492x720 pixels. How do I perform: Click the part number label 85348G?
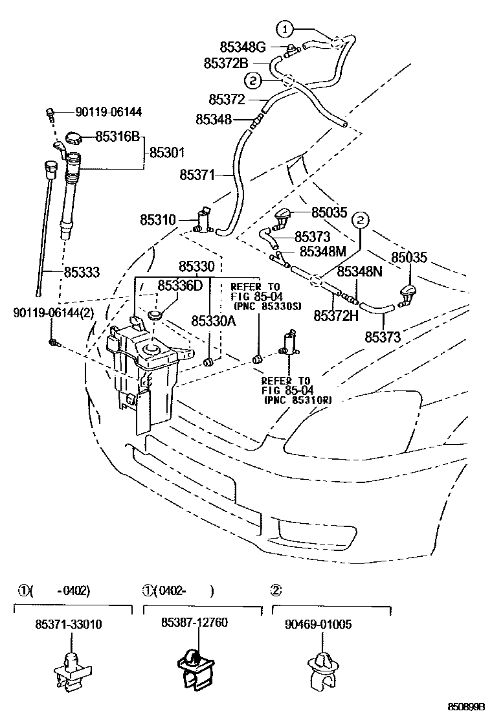[243, 47]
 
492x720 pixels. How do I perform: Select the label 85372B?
[226, 63]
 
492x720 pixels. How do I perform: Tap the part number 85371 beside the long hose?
[197, 174]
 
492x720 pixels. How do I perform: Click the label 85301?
[167, 153]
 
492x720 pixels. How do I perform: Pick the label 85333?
[82, 273]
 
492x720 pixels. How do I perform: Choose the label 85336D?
[181, 285]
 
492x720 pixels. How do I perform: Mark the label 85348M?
[322, 251]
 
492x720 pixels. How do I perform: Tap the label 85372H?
[336, 315]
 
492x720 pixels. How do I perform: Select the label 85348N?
[361, 271]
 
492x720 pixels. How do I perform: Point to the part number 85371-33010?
[69, 624]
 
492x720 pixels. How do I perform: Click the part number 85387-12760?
[194, 622]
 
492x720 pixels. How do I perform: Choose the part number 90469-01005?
[319, 624]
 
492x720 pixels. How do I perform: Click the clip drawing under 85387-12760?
[195, 667]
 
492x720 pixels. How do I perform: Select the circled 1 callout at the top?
[285, 28]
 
